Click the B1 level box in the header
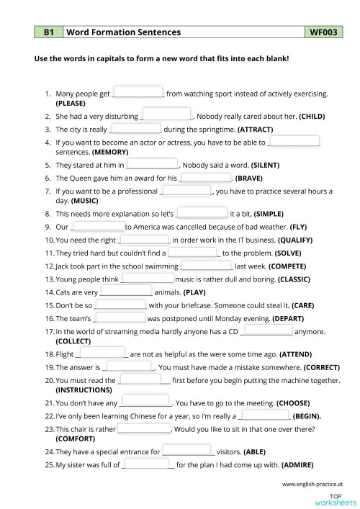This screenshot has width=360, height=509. pyautogui.click(x=49, y=32)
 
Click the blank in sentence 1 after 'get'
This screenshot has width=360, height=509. pyautogui.click(x=139, y=92)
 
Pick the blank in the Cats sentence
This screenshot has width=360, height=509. pyautogui.click(x=126, y=292)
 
